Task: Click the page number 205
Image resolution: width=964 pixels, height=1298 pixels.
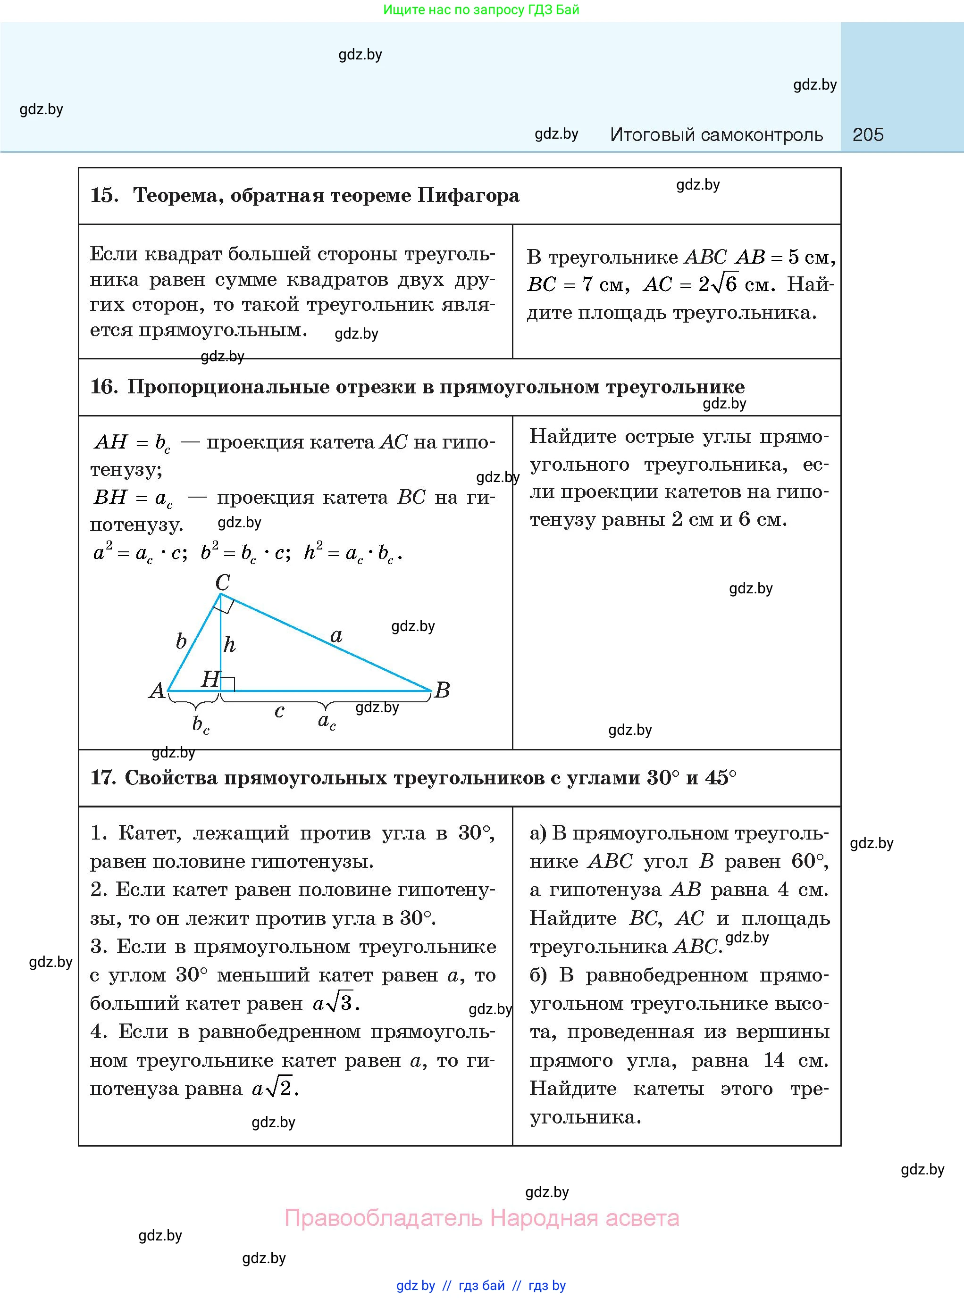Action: pyautogui.click(x=867, y=135)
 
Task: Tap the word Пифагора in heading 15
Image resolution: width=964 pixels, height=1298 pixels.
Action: pyautogui.click(x=469, y=195)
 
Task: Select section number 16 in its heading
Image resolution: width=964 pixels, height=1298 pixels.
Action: pyautogui.click(x=103, y=387)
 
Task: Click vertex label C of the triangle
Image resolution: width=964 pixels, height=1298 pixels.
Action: pyautogui.click(x=222, y=582)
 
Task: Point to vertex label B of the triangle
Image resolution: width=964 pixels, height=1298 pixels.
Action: pyautogui.click(x=442, y=690)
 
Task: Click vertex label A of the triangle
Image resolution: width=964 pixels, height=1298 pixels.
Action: pyautogui.click(x=156, y=691)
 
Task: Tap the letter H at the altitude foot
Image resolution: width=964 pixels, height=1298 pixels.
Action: pyautogui.click(x=210, y=678)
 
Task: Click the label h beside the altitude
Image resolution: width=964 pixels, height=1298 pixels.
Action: pyautogui.click(x=229, y=645)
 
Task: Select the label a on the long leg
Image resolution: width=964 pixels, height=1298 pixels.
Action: pyautogui.click(x=336, y=635)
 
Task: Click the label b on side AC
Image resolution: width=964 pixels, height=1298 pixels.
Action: pyautogui.click(x=181, y=641)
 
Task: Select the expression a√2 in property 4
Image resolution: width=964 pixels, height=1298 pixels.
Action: pyautogui.click(x=274, y=1089)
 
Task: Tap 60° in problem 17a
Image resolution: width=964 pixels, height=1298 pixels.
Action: pyautogui.click(x=809, y=861)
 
